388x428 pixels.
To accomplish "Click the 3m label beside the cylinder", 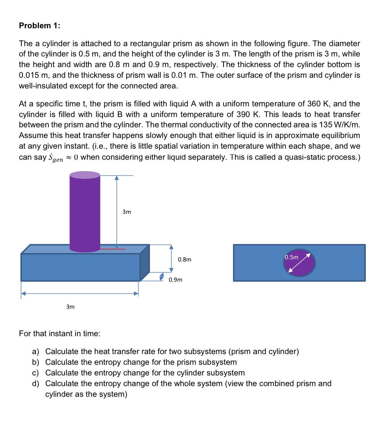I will click(x=126, y=212).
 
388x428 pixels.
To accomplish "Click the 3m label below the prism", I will click(x=70, y=306).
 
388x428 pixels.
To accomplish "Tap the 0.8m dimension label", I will click(x=185, y=260).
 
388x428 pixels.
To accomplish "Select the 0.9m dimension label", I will click(x=175, y=280).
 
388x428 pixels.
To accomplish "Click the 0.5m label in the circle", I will click(x=292, y=257).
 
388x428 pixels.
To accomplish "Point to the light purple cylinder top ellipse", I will click(x=85, y=175).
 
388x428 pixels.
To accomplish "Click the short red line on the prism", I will click(x=113, y=249).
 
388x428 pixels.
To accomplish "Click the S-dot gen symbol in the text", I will click(x=55, y=157).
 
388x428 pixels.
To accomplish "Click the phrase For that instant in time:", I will click(x=60, y=333).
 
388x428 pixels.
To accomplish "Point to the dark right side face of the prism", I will click(x=145, y=263).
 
